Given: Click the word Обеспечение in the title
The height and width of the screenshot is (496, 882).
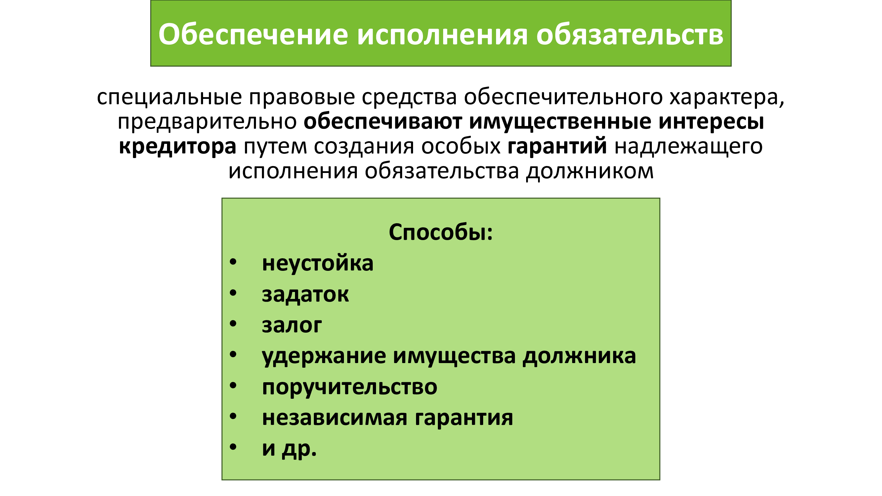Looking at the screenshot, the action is [x=253, y=35].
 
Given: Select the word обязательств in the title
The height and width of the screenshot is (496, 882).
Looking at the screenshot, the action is [x=630, y=35].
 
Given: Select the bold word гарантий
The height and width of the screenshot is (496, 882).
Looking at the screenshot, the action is [x=557, y=147].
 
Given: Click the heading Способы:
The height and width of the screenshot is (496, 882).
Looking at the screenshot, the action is [x=441, y=232].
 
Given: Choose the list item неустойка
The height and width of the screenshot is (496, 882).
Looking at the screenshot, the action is [x=317, y=264].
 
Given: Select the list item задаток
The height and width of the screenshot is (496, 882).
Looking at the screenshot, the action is [x=305, y=295].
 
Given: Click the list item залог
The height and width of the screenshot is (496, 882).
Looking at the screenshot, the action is [x=292, y=325].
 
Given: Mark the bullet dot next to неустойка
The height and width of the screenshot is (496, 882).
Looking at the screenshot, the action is [x=233, y=262].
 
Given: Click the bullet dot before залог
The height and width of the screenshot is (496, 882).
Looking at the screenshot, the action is [x=233, y=323].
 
